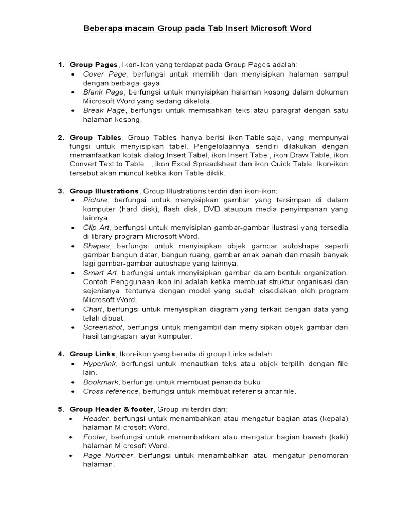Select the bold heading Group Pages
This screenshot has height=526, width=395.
94,64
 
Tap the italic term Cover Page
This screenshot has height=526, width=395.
105,74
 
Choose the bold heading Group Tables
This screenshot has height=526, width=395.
96,137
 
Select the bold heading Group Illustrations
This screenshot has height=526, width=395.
104,191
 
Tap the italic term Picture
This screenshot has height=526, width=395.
96,200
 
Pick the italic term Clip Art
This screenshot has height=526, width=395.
96,227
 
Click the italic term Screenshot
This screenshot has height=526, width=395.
102,327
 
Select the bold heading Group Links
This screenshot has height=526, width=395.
93,354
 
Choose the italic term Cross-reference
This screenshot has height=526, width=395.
111,391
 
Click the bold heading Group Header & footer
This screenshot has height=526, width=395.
111,409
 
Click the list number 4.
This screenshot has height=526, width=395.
60,354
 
